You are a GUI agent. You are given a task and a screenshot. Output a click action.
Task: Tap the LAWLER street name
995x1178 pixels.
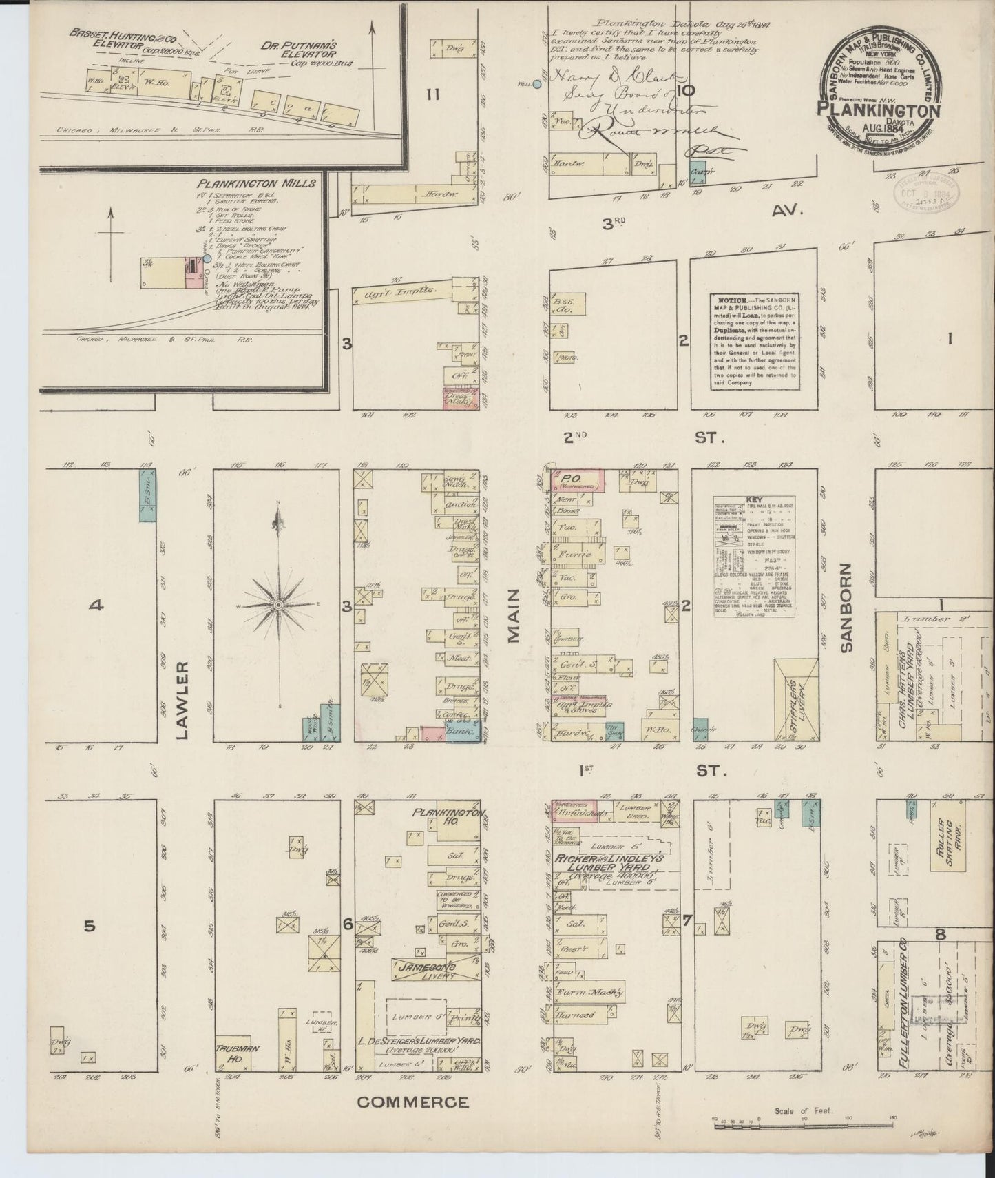click(x=182, y=700)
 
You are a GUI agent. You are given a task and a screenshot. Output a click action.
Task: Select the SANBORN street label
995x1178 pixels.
click(x=846, y=606)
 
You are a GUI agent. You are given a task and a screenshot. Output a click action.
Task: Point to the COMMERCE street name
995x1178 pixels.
click(x=413, y=1102)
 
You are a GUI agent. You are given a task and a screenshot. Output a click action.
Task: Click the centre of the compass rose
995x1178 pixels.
click(x=278, y=604)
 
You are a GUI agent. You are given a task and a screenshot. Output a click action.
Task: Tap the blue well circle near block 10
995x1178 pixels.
click(x=537, y=85)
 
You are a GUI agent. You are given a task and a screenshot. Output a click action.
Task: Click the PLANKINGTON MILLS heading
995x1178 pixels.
click(x=256, y=184)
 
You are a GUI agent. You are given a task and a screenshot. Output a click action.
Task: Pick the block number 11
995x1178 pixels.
click(x=432, y=94)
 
